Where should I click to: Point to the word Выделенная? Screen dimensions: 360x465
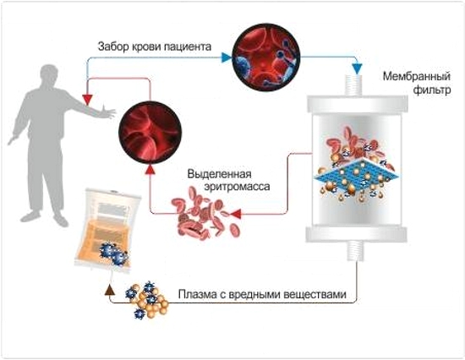(x=218, y=172)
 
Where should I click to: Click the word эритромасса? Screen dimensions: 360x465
(x=229, y=186)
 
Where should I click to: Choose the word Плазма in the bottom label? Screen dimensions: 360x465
(x=197, y=296)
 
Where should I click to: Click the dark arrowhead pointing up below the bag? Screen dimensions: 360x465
(x=108, y=288)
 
